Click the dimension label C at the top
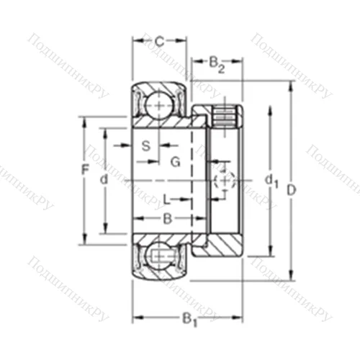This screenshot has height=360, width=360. pos(159,41)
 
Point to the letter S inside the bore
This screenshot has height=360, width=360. pos(145,146)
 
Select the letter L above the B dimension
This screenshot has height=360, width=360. pos(167,199)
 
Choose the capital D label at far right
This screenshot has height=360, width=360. pos(292,190)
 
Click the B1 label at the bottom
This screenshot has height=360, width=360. pos(189,318)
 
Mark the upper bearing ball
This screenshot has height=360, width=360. pos(157,106)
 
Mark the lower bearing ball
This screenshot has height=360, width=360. pos(157,255)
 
